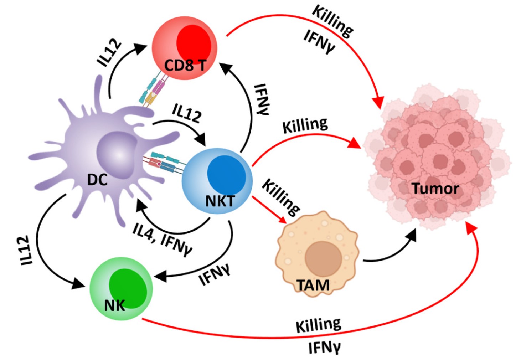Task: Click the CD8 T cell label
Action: [x=185, y=65]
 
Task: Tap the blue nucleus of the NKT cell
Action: [x=226, y=174]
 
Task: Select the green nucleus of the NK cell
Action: [x=128, y=288]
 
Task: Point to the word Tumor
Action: [x=435, y=188]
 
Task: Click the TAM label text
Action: [x=313, y=285]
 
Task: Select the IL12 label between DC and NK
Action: [x=26, y=250]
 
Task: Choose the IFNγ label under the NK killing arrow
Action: [x=324, y=347]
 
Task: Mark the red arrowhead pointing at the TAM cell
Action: [x=283, y=220]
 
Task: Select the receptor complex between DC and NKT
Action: [x=164, y=163]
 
